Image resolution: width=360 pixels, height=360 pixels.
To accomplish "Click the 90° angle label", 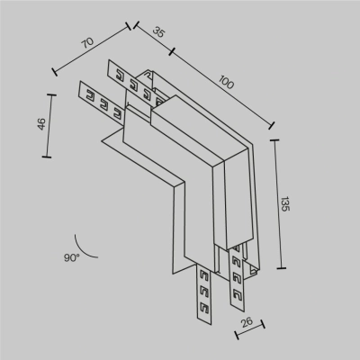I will [x=71, y=257].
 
